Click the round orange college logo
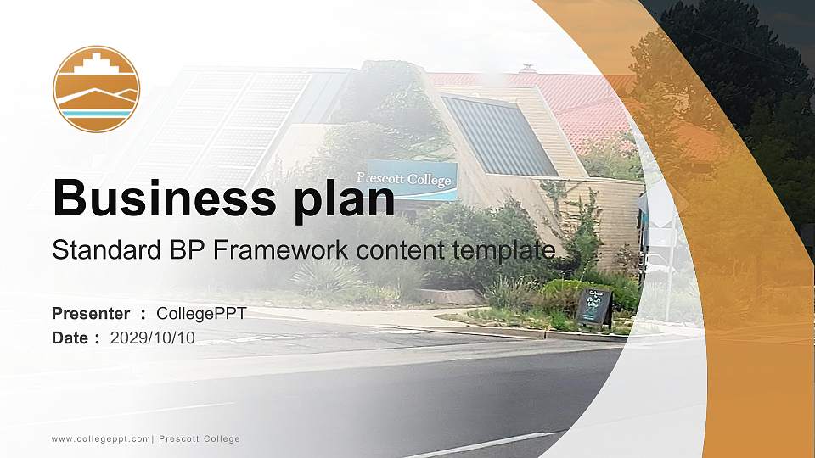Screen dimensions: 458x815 point(96,89)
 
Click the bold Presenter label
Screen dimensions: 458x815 point(91,314)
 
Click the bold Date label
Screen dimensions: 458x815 point(70,338)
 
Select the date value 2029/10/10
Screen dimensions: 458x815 point(153,338)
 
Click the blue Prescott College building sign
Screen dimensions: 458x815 point(407,179)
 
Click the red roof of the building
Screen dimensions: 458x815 point(560,102)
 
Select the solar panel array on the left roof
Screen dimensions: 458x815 point(229,119)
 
